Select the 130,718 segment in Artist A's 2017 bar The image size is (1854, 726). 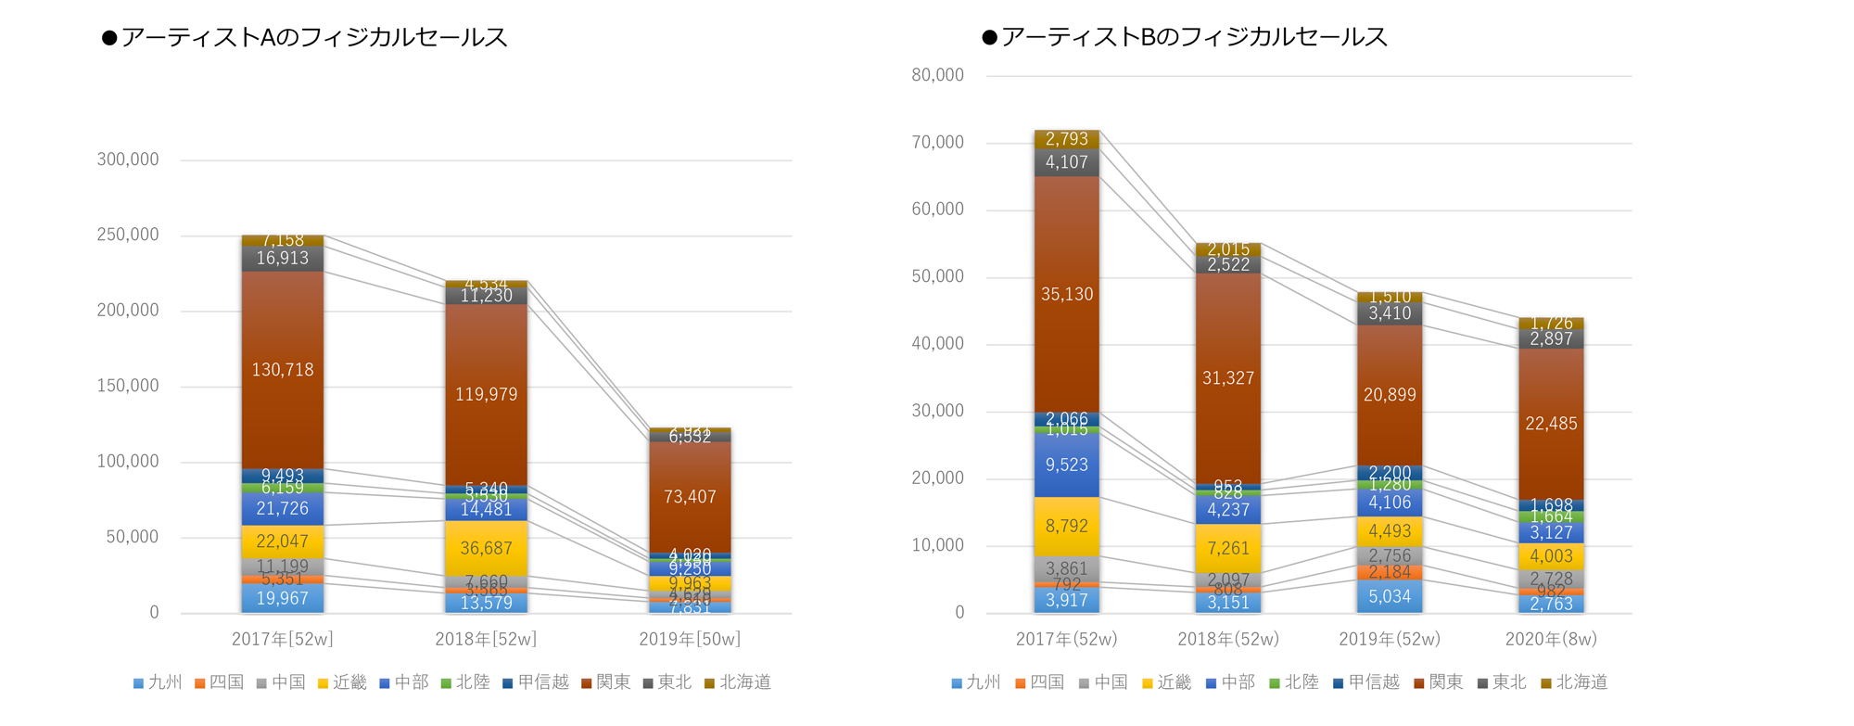(x=283, y=370)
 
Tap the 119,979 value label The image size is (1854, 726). (x=486, y=395)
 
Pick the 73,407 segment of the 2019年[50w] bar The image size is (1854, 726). (x=690, y=497)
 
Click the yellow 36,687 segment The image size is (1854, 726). (x=486, y=548)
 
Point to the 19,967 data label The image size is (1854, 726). (x=283, y=598)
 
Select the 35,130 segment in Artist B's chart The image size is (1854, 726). (x=1067, y=294)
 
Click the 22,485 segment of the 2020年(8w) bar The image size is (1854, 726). (x=1551, y=424)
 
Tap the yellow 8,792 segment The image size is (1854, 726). (x=1067, y=526)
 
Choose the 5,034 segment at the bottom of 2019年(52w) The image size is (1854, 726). (x=1390, y=596)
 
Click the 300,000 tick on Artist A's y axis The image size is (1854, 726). (x=128, y=159)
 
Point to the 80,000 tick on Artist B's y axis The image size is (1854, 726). (x=937, y=75)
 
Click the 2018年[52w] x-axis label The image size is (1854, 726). (x=486, y=639)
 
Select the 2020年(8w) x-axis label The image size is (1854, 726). (x=1551, y=639)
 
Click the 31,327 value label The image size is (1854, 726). (x=1228, y=378)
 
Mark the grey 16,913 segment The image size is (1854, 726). (x=283, y=259)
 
